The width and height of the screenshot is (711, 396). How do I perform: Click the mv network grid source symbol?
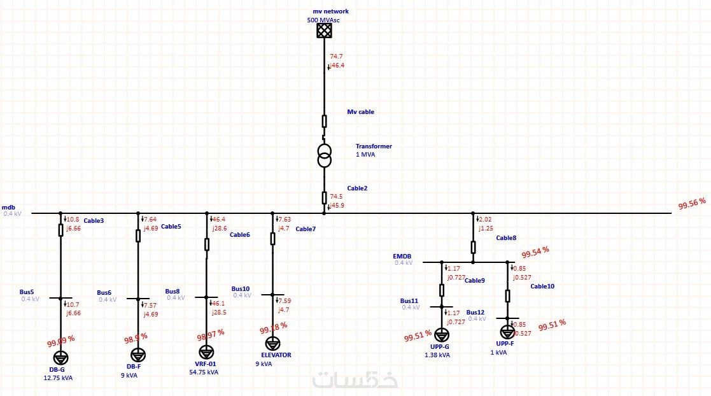click(x=325, y=31)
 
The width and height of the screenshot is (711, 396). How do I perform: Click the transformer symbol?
click(x=325, y=155)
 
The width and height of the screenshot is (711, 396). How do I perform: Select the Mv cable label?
click(x=360, y=112)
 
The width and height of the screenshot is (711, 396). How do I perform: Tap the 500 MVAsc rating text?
click(x=323, y=20)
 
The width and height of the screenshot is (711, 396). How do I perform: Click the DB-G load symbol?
click(x=60, y=357)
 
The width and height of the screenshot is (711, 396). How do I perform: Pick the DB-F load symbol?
click(x=138, y=354)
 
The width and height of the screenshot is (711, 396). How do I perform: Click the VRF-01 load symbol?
click(x=206, y=352)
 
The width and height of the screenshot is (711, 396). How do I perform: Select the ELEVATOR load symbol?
click(x=272, y=343)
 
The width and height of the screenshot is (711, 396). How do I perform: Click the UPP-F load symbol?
click(x=507, y=332)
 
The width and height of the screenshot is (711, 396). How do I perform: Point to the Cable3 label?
click(x=94, y=221)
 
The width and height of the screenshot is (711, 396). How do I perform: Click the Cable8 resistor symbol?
click(x=473, y=247)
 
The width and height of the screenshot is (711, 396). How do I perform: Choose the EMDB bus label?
click(x=402, y=257)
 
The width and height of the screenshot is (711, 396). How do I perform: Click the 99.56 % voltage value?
click(x=692, y=203)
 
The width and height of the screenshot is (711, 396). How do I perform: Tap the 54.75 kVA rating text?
click(x=204, y=372)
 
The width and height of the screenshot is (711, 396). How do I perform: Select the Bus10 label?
click(x=241, y=288)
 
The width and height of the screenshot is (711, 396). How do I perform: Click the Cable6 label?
click(x=239, y=235)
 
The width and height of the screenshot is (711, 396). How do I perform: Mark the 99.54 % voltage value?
click(x=536, y=252)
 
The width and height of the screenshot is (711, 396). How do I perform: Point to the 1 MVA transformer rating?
click(x=365, y=155)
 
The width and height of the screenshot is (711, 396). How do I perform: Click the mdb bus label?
click(x=8, y=208)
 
